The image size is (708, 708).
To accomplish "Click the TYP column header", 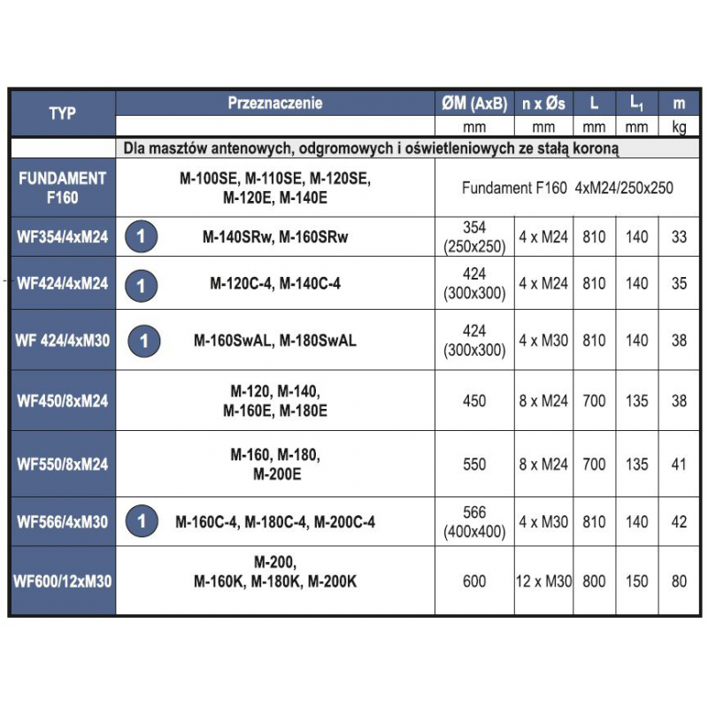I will [x=62, y=113].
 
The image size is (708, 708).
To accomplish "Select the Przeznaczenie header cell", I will [x=275, y=103].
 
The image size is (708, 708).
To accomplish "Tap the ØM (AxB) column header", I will [x=474, y=103].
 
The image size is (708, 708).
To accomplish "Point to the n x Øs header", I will [x=543, y=103].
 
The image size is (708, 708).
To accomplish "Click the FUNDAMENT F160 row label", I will [x=62, y=188].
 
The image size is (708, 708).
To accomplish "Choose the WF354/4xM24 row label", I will [x=62, y=236].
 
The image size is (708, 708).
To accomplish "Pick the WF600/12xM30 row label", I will [x=62, y=581].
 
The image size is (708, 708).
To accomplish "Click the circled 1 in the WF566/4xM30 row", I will [x=142, y=522].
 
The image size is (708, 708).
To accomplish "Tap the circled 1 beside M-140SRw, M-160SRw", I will [x=142, y=236].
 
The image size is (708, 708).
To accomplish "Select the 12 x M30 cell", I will [x=543, y=581].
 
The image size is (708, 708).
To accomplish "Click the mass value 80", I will [x=679, y=581].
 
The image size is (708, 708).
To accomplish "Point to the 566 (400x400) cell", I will [x=474, y=522].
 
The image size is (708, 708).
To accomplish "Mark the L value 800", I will [x=595, y=581].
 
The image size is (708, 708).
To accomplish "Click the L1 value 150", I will [x=637, y=581].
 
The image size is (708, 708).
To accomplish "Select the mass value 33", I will [x=679, y=236].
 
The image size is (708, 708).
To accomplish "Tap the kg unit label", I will [x=679, y=127].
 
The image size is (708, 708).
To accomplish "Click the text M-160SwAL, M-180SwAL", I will [x=275, y=340].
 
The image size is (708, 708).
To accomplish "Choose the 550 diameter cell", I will [x=474, y=464].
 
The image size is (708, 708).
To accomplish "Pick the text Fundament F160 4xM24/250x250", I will [x=567, y=188].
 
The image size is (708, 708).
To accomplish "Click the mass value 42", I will [x=679, y=522].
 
